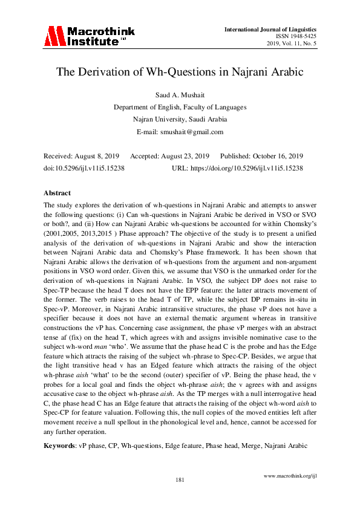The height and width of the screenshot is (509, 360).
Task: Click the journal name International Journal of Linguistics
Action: tap(270, 30)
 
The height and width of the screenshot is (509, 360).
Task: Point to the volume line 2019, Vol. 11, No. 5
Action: tap(292, 45)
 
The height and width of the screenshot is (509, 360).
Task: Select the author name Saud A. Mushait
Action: tap(180, 96)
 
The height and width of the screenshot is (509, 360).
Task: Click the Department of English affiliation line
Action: tap(180, 108)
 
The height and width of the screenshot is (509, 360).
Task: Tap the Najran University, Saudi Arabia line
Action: tap(180, 120)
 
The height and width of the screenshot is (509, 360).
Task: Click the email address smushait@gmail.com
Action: tap(196, 132)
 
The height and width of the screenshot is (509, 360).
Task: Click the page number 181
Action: tap(180, 480)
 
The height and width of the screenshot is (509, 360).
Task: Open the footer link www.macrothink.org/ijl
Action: tap(291, 475)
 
